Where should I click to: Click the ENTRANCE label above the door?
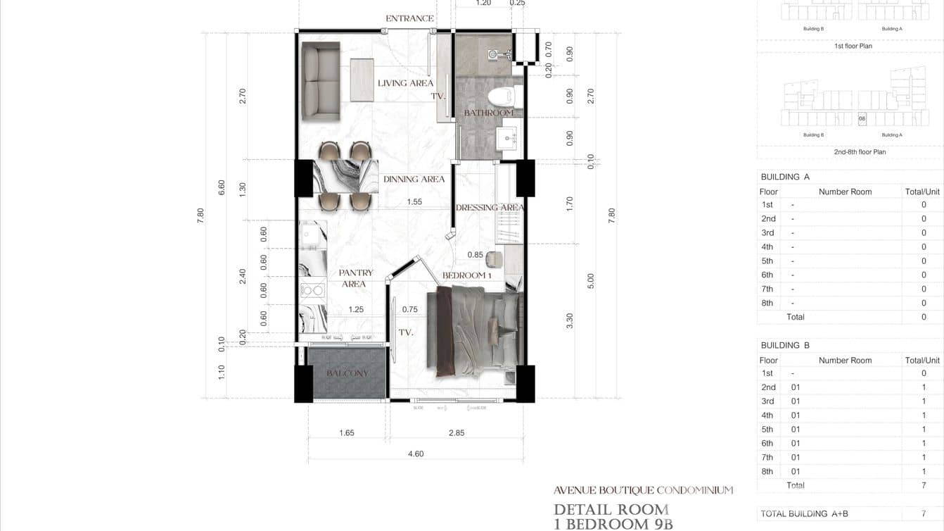click(409, 18)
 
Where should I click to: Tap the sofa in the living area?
click(321, 82)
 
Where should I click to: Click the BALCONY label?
click(347, 373)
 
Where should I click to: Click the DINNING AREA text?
click(414, 179)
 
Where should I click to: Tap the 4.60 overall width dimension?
click(416, 454)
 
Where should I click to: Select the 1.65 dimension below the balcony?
click(347, 432)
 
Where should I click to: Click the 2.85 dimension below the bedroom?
click(457, 432)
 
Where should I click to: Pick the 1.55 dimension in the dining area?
click(414, 201)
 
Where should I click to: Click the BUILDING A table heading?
click(785, 177)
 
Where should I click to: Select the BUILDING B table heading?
click(785, 345)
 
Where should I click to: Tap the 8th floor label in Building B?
click(767, 471)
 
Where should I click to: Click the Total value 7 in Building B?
click(924, 485)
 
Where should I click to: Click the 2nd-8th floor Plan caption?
click(860, 151)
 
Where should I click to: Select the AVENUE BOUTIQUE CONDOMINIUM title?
click(643, 490)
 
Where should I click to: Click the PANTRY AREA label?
click(355, 278)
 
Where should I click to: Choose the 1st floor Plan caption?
click(853, 46)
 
